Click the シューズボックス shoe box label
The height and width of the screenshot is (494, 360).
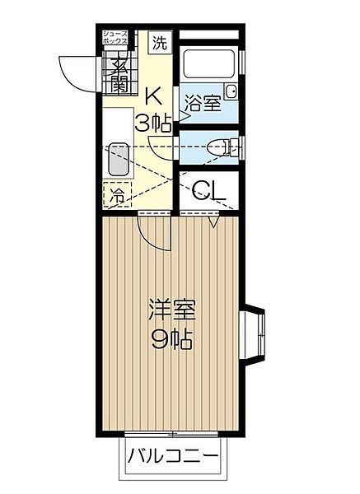tap(114, 36)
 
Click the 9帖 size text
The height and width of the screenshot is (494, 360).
tap(171, 338)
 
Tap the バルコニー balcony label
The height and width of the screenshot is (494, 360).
tap(173, 455)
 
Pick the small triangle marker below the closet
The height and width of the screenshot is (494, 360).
tap(213, 221)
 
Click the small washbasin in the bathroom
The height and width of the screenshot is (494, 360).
tap(231, 91)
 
